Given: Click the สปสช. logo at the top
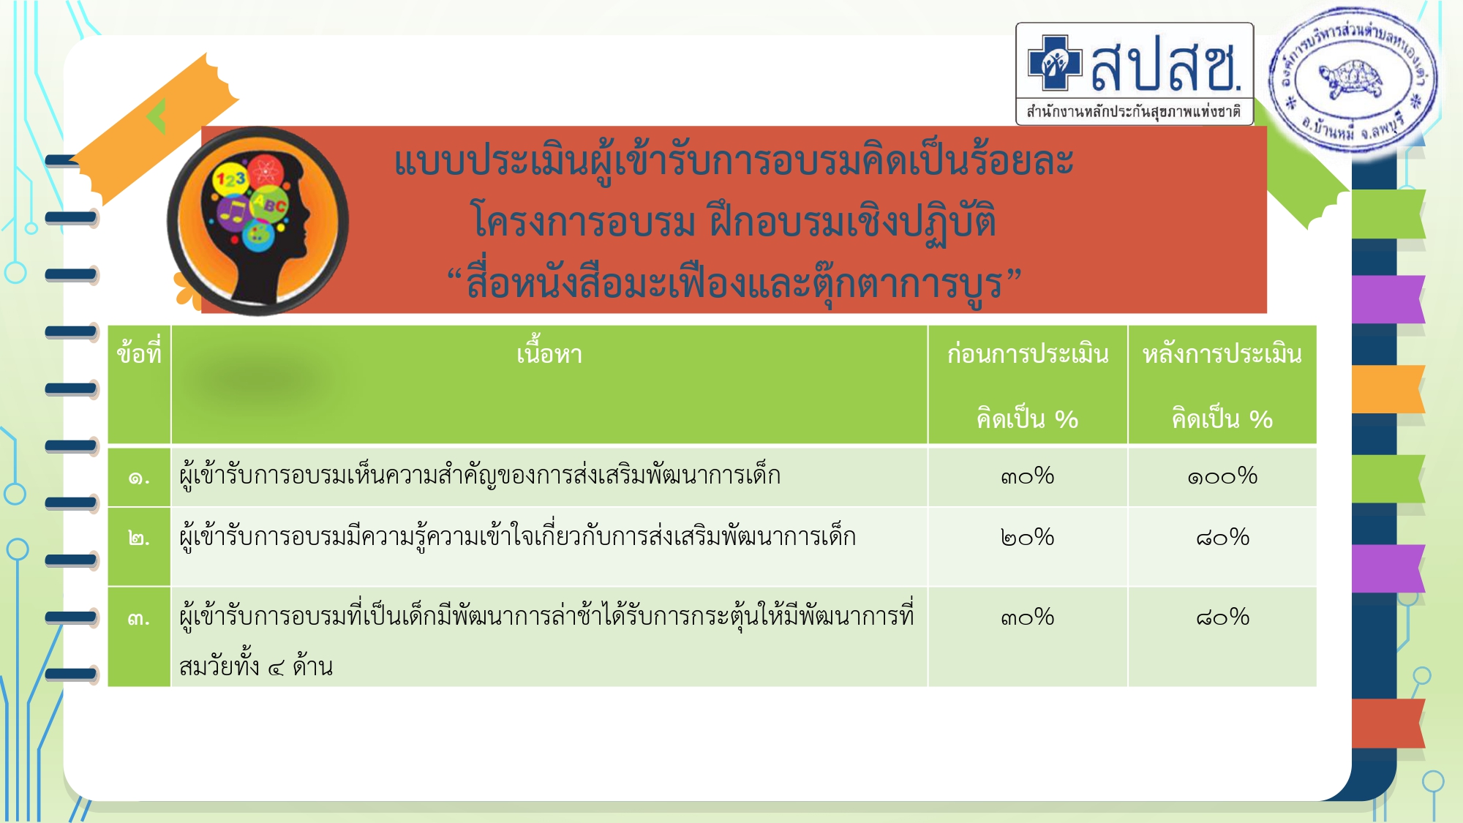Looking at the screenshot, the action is pyautogui.click(x=1135, y=74).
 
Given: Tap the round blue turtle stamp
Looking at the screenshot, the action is pyautogui.click(x=1353, y=79).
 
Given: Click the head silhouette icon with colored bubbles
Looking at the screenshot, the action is pyautogui.click(x=257, y=221).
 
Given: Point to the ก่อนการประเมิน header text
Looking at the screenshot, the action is pyautogui.click(x=1028, y=354).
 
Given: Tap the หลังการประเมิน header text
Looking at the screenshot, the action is pyautogui.click(x=1222, y=354).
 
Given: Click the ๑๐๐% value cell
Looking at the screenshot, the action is pyautogui.click(x=1222, y=476).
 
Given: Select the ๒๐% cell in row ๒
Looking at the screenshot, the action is pyautogui.click(x=1028, y=538).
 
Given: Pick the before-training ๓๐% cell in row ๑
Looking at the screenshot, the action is pyautogui.click(x=1028, y=476).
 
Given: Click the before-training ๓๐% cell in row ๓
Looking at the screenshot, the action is pyautogui.click(x=1028, y=617).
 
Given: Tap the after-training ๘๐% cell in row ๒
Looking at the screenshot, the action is pyautogui.click(x=1222, y=538).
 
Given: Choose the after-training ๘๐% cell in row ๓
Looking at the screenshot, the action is pyautogui.click(x=1222, y=617).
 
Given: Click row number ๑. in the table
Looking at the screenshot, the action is pyautogui.click(x=139, y=478).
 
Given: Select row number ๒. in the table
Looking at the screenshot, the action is pyautogui.click(x=139, y=539).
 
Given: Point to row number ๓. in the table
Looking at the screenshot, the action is pyautogui.click(x=139, y=619).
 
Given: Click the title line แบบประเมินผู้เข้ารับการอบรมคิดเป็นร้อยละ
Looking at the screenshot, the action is pyautogui.click(x=734, y=161).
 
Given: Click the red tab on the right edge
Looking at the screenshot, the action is pyautogui.click(x=1388, y=723).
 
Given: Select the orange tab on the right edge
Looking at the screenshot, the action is pyautogui.click(x=1388, y=388).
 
